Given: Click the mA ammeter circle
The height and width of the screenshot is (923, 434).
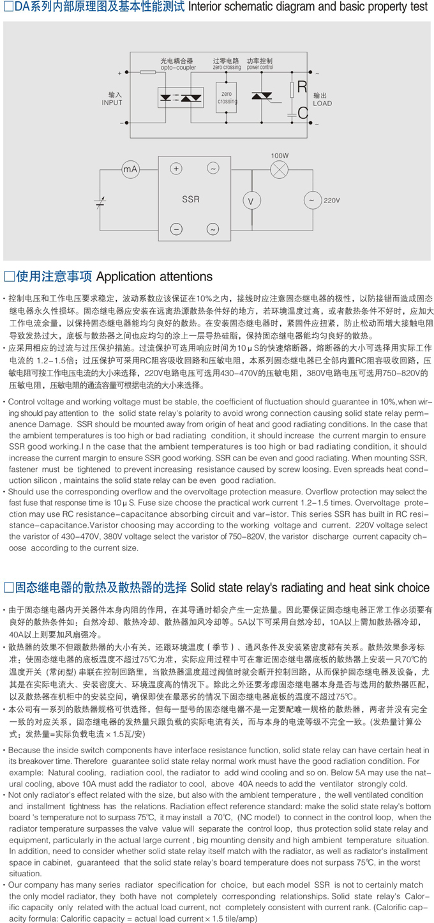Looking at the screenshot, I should pos(130,169).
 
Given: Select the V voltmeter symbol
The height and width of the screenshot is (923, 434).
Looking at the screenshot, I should pos(250,201).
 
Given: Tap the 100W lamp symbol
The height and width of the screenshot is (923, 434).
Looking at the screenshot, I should pos(279,169).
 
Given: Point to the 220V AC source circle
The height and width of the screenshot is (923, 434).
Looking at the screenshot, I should pos(311,200).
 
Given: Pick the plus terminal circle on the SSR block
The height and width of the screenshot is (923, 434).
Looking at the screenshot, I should pos(177,169).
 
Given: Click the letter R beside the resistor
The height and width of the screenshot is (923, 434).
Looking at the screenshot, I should pos(302,88).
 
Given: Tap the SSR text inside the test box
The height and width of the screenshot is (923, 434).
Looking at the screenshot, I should pos(191,199).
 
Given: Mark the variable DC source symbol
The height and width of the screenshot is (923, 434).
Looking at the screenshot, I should pos(100,203).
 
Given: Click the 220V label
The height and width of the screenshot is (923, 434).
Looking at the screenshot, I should pos(332,201).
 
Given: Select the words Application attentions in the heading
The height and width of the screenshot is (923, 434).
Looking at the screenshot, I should pos(153,277).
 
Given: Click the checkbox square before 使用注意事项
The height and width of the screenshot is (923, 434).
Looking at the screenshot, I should pos(10,277).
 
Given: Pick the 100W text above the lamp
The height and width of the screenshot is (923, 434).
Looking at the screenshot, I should pos(280,155).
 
